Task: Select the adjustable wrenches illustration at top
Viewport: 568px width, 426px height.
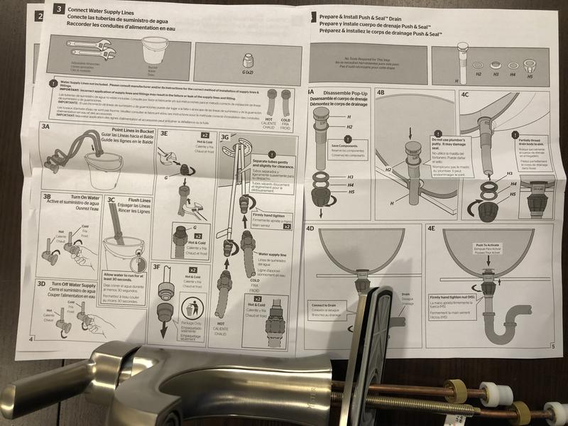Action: [x=89, y=49]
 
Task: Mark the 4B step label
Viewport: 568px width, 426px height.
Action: [x=381, y=93]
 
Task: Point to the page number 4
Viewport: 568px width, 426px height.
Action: [x=31, y=339]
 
